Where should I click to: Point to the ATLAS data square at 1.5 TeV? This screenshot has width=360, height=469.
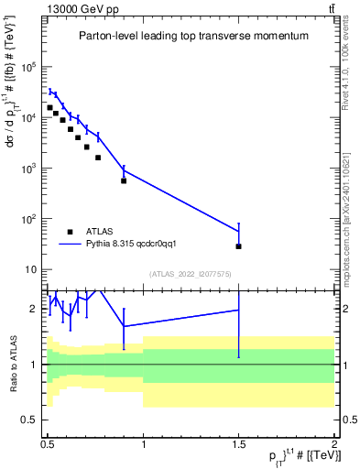[x=238, y=246]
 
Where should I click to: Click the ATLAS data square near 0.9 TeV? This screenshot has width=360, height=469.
[x=124, y=180]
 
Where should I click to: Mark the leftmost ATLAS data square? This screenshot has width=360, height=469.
[x=50, y=107]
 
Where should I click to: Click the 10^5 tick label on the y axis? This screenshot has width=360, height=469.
[x=28, y=67]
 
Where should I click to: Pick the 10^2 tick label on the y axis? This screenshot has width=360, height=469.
[x=28, y=219]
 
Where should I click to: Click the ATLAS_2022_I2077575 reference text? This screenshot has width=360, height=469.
[x=191, y=274]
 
